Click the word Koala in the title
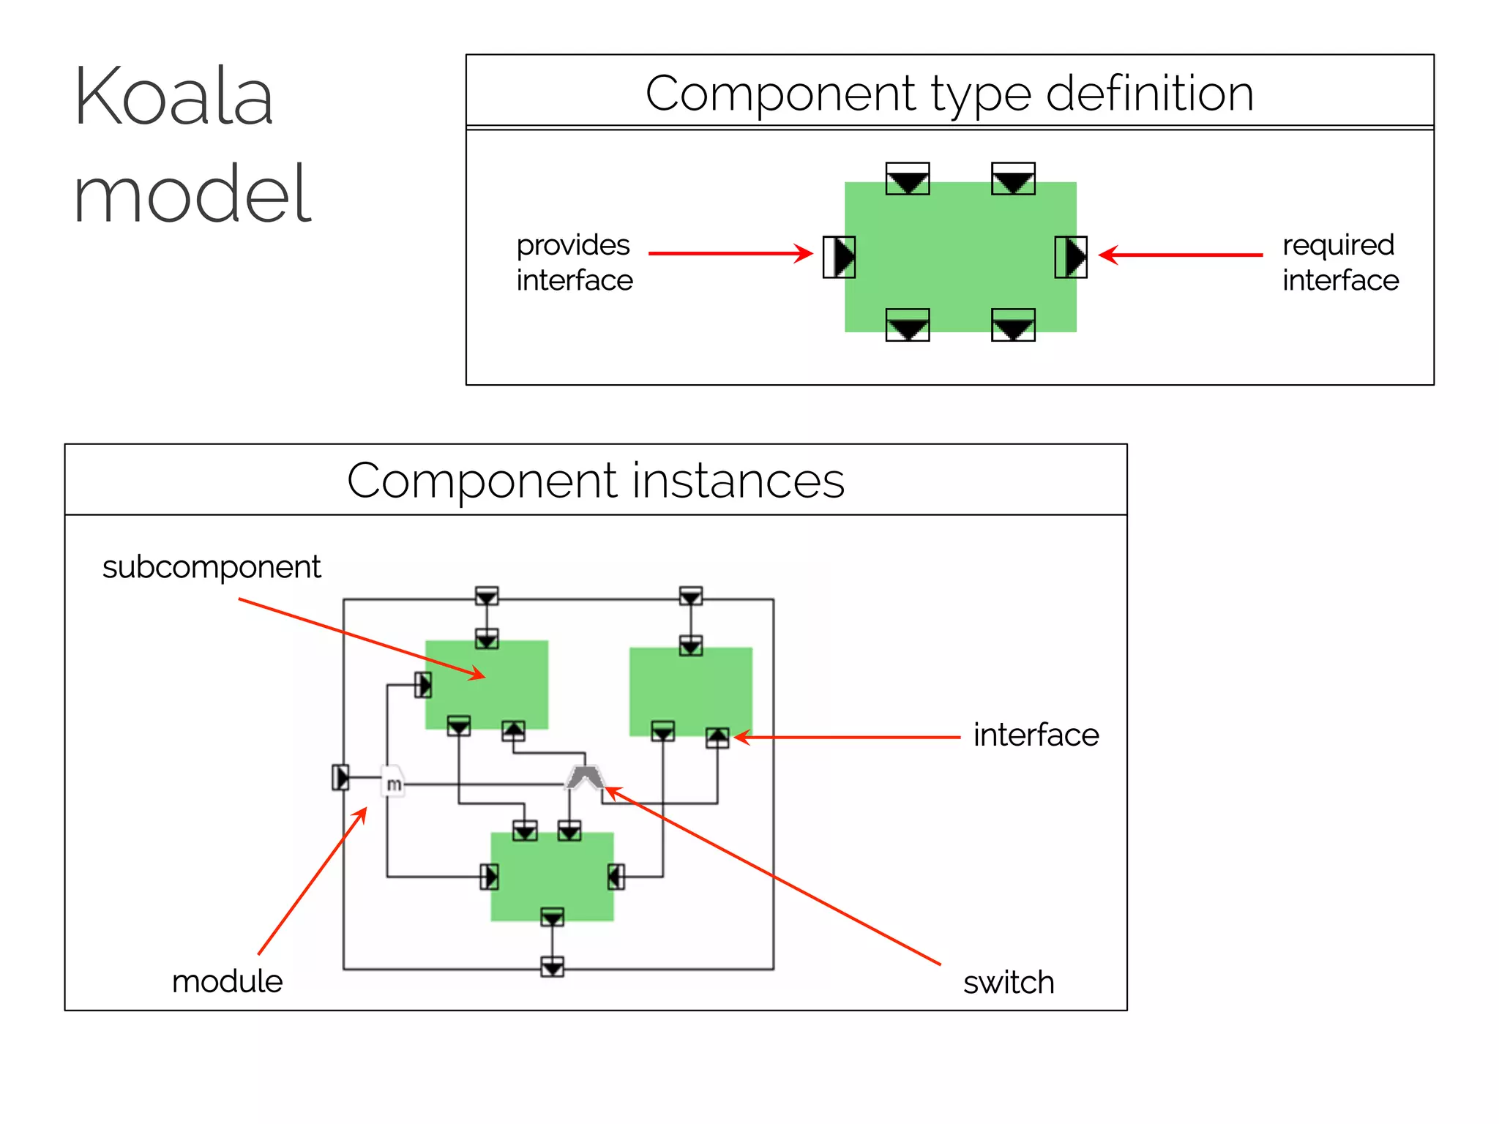(173, 97)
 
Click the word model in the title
(192, 194)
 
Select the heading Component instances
(595, 481)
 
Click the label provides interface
(574, 262)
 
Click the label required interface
(1339, 262)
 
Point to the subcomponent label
(212, 567)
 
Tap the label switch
(1008, 982)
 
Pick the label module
(227, 981)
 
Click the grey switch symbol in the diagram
(584, 777)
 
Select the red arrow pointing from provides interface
(730, 254)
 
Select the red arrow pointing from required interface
(1181, 255)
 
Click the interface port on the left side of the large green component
(839, 257)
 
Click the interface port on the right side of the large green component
(1070, 257)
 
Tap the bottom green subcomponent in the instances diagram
(552, 876)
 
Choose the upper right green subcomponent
(690, 691)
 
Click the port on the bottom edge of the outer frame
(552, 967)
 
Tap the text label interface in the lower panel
(1036, 735)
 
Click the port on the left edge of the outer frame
(341, 776)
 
